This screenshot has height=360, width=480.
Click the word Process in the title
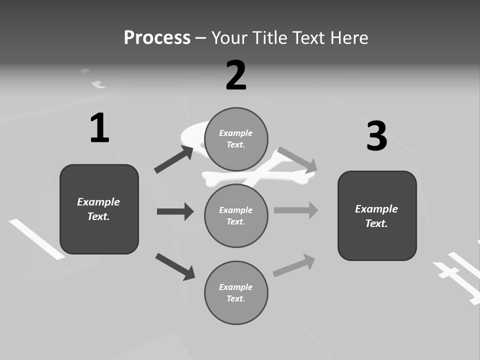[x=157, y=38]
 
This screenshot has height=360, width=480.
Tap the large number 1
[x=99, y=128]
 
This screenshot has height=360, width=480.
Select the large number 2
[x=236, y=75]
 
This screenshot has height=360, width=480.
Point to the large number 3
[x=377, y=136]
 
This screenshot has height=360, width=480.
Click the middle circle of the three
[x=236, y=215]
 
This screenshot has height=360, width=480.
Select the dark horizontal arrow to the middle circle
[x=175, y=211]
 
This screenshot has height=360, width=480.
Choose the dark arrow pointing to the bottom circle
[x=175, y=266]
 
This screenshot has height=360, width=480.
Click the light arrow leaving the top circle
[x=297, y=159]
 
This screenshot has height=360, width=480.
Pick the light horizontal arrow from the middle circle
[x=296, y=210]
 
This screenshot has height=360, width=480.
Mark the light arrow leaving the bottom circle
[x=294, y=265]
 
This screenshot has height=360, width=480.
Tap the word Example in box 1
[x=98, y=202]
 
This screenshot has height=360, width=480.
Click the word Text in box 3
[x=376, y=223]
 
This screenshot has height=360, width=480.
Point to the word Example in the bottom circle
[x=236, y=287]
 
